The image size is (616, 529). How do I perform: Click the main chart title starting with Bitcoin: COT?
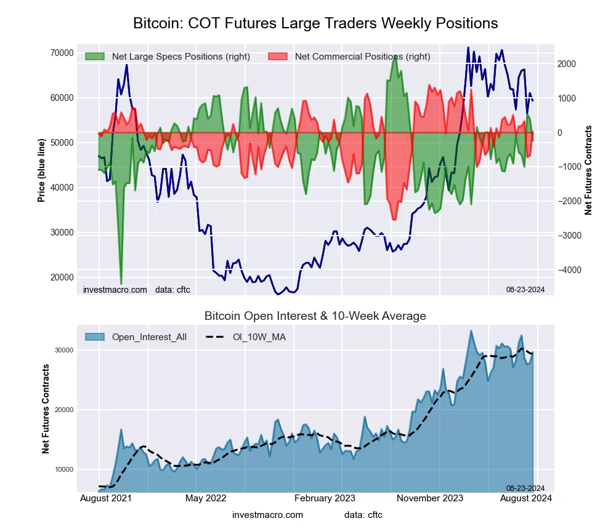coord(315,23)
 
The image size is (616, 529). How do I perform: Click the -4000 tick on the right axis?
coord(571,270)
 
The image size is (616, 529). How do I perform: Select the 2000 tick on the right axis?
coord(567,64)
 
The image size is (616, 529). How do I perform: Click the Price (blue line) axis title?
coord(41,171)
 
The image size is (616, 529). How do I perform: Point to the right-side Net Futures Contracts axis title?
coord(588,170)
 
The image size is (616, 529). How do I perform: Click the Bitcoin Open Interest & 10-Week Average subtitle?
coord(315,316)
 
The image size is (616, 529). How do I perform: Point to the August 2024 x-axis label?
coord(526,498)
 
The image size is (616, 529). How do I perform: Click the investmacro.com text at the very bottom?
coord(267,514)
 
